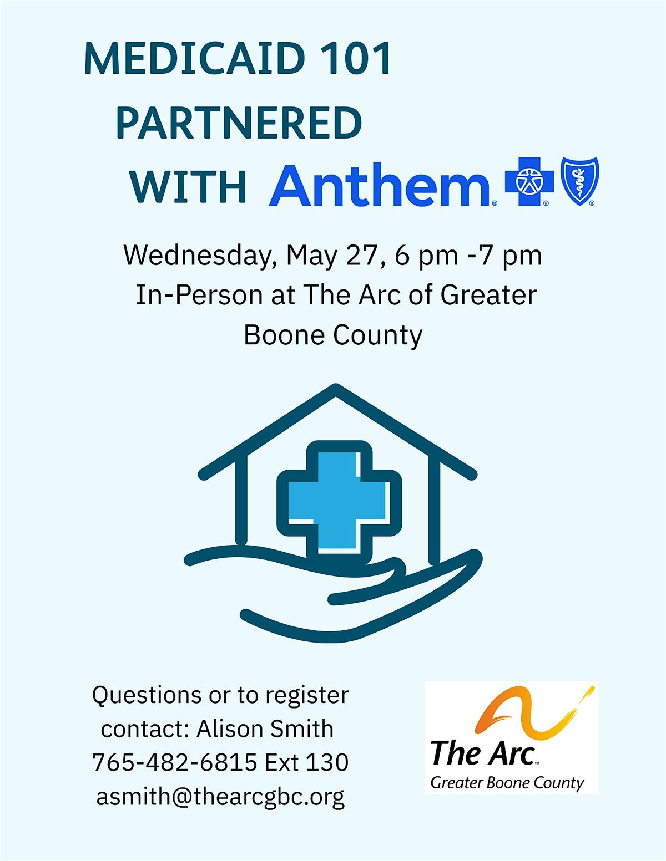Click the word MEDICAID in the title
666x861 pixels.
[194, 60]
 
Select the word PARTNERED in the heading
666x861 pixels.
[239, 123]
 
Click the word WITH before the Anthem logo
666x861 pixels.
[188, 186]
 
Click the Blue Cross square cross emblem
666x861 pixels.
[529, 181]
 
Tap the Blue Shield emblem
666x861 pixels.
[579, 181]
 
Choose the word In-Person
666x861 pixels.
[199, 295]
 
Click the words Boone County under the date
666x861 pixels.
[333, 335]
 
